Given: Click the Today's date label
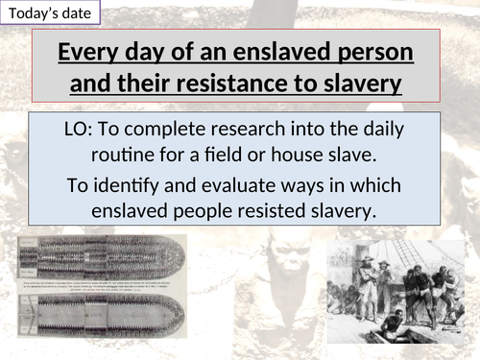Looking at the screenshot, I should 48,14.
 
